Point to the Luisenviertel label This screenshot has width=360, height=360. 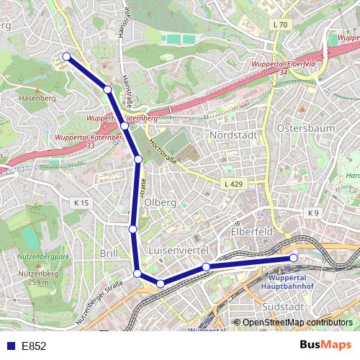coord(177,249)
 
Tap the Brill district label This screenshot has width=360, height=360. coord(109,254)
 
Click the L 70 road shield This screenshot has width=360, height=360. coord(281,25)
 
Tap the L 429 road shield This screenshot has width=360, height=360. coord(233,184)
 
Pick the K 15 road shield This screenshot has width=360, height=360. coord(81,203)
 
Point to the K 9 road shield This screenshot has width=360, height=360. coord(312,213)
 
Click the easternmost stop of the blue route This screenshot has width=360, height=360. coord(293,258)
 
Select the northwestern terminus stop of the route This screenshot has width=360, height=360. coord(66,56)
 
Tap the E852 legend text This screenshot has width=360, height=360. coord(33,346)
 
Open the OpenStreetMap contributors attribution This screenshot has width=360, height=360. coord(297,323)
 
